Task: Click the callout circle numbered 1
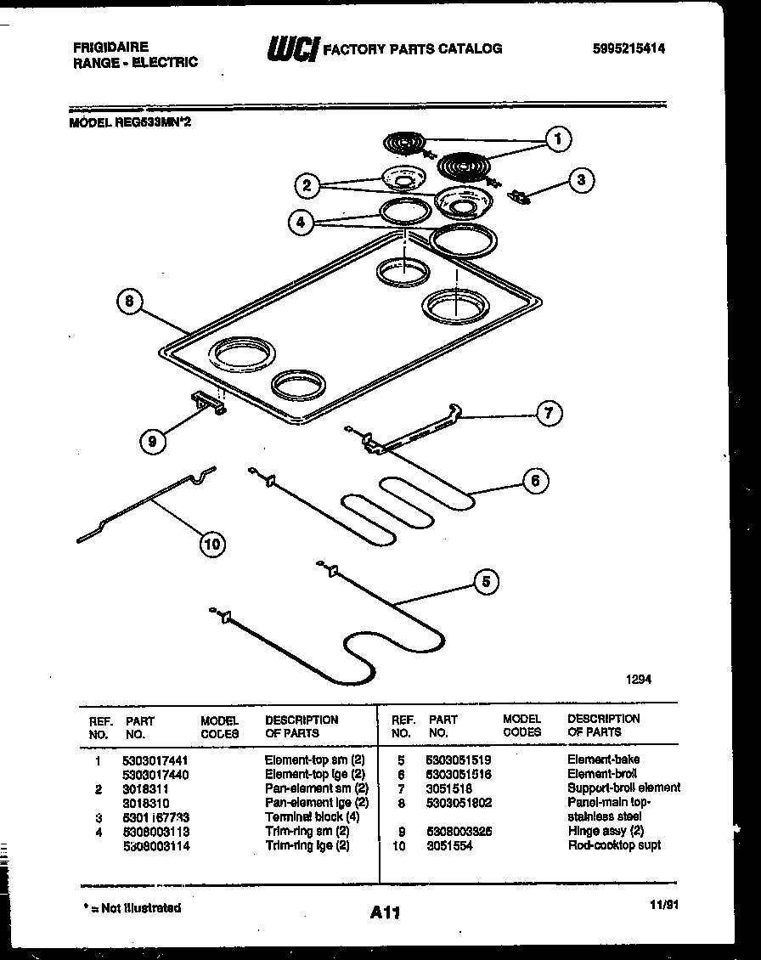click(558, 139)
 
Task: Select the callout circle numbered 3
click(581, 179)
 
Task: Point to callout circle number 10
click(212, 544)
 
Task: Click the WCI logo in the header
click(291, 49)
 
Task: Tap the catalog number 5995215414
click(629, 49)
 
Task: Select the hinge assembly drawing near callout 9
click(210, 404)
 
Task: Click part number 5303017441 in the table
click(155, 760)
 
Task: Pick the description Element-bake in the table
click(604, 760)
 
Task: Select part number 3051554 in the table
click(450, 846)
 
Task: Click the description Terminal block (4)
click(304, 817)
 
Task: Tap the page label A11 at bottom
click(385, 913)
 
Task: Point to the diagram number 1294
click(640, 679)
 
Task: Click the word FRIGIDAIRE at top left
click(110, 48)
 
